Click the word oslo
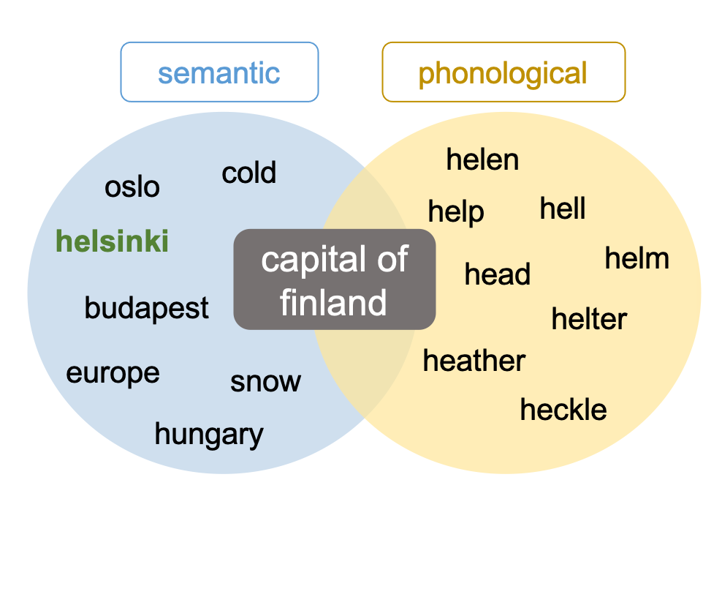coord(132,187)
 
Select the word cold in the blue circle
coord(249,172)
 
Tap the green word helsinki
coord(112,241)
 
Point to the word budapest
coord(147,309)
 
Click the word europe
coord(113,374)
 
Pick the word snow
coord(265,382)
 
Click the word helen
coord(482,159)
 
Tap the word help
coord(456,211)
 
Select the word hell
coord(563,208)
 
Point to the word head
coord(497,274)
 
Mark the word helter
coord(589,318)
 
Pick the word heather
coord(474,360)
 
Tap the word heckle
coord(563,409)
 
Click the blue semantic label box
coord(220,72)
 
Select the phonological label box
coord(503,72)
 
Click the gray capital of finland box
coord(335,279)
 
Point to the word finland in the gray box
coord(333,302)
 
